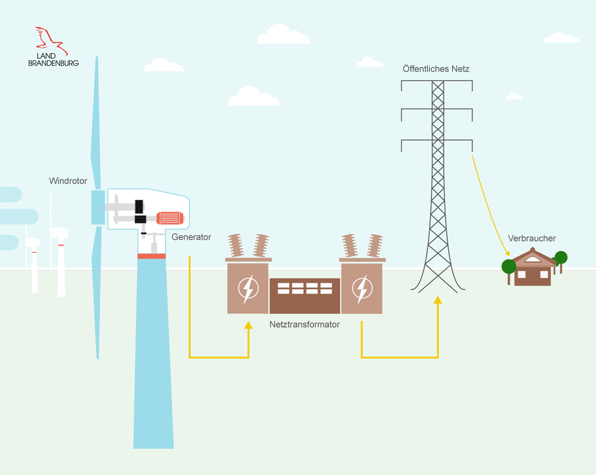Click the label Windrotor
(x=68, y=181)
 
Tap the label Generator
(x=191, y=237)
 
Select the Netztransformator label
(x=304, y=324)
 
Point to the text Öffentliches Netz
(x=436, y=69)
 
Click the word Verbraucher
(x=532, y=238)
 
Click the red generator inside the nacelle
(x=170, y=218)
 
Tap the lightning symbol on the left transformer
(x=248, y=289)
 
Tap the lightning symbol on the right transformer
(x=362, y=289)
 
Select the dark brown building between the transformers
(x=305, y=296)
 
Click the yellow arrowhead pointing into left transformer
(x=248, y=325)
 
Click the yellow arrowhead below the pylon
(x=438, y=300)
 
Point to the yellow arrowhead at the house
(x=507, y=253)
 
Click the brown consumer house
(x=532, y=270)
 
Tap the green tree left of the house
(x=509, y=266)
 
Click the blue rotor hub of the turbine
(x=98, y=207)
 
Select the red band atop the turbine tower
(x=151, y=256)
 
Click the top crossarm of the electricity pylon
(x=437, y=81)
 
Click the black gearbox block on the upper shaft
(x=139, y=206)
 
